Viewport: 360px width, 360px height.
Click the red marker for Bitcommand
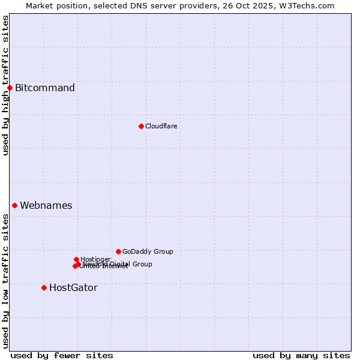click(x=10, y=88)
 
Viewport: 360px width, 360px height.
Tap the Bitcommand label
click(x=45, y=88)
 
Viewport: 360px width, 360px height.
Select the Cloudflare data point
click(x=141, y=126)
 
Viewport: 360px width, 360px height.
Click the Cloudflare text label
click(x=161, y=126)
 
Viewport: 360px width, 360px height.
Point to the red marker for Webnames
click(x=14, y=205)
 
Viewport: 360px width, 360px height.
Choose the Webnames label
click(x=46, y=205)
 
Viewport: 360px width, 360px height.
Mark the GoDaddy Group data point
click(x=118, y=251)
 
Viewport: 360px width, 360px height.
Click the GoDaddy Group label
click(x=148, y=251)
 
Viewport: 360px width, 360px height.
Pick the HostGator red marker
click(x=44, y=287)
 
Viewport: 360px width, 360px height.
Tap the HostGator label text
click(x=73, y=287)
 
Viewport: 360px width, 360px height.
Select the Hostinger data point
click(x=76, y=259)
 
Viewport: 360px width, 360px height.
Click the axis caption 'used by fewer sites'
click(x=62, y=355)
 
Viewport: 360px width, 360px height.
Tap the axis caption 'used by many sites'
click(x=301, y=355)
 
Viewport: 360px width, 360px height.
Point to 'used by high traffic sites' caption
click(x=5, y=85)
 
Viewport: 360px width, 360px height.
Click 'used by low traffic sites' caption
click(x=5, y=281)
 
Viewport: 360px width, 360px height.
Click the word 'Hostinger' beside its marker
click(x=96, y=259)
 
